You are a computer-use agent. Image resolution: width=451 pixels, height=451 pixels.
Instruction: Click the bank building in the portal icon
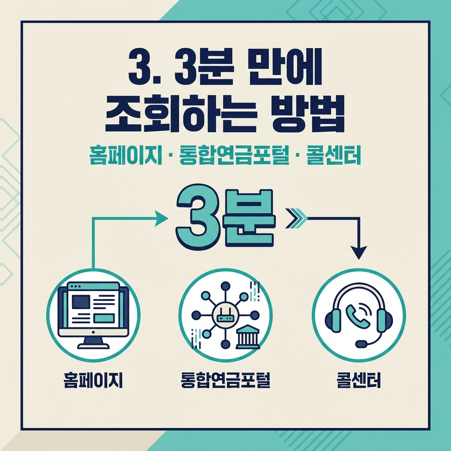click(248, 338)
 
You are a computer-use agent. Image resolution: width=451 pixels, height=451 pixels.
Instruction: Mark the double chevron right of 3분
click(295, 218)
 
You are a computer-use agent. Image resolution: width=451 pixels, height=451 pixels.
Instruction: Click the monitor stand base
click(93, 345)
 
